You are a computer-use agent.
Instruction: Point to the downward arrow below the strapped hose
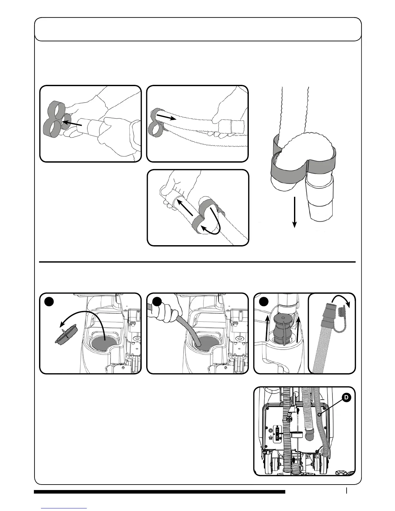click(x=294, y=213)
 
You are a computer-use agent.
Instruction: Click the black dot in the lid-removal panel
click(x=49, y=301)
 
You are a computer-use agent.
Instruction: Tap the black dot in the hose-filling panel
click(x=157, y=301)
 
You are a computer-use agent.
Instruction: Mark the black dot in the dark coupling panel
click(x=264, y=301)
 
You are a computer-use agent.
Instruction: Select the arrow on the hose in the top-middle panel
click(x=167, y=116)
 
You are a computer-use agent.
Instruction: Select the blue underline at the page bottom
click(x=64, y=508)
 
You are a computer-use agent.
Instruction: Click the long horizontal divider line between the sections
click(x=197, y=262)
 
